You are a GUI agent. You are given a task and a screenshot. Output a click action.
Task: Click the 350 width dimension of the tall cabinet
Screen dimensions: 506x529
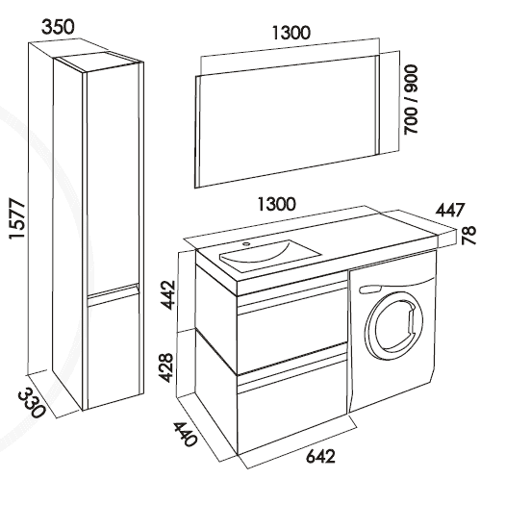[58, 27]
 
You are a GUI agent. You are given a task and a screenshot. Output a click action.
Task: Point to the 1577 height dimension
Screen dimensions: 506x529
[17, 219]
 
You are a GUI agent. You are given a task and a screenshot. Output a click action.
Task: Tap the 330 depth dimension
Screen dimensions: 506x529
[32, 403]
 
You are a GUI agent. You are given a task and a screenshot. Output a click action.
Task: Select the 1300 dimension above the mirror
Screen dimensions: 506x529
[291, 33]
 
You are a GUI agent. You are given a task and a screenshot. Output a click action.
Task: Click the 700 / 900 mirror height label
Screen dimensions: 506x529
[411, 99]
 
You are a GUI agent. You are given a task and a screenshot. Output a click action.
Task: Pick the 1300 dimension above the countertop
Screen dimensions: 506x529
[277, 204]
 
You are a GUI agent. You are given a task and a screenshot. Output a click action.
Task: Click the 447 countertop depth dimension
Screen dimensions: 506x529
[450, 210]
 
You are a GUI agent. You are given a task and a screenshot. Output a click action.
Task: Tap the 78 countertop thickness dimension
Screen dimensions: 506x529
[468, 235]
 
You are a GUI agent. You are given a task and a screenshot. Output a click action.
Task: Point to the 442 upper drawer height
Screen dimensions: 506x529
[168, 294]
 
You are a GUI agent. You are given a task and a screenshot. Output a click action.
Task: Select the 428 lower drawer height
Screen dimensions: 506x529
[166, 367]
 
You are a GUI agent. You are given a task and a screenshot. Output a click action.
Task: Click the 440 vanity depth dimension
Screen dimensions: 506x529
[185, 434]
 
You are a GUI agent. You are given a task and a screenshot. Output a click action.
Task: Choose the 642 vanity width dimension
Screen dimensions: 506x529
[320, 457]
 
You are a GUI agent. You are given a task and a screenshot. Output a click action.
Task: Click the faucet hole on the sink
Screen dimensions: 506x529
[246, 243]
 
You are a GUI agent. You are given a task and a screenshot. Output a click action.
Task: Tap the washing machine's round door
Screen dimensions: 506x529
[394, 328]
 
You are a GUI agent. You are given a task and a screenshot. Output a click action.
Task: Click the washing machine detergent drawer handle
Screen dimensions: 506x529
[370, 289]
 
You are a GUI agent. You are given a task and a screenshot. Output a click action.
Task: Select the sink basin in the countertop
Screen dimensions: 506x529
[270, 254]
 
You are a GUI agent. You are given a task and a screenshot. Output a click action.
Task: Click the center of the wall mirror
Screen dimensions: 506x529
[288, 120]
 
